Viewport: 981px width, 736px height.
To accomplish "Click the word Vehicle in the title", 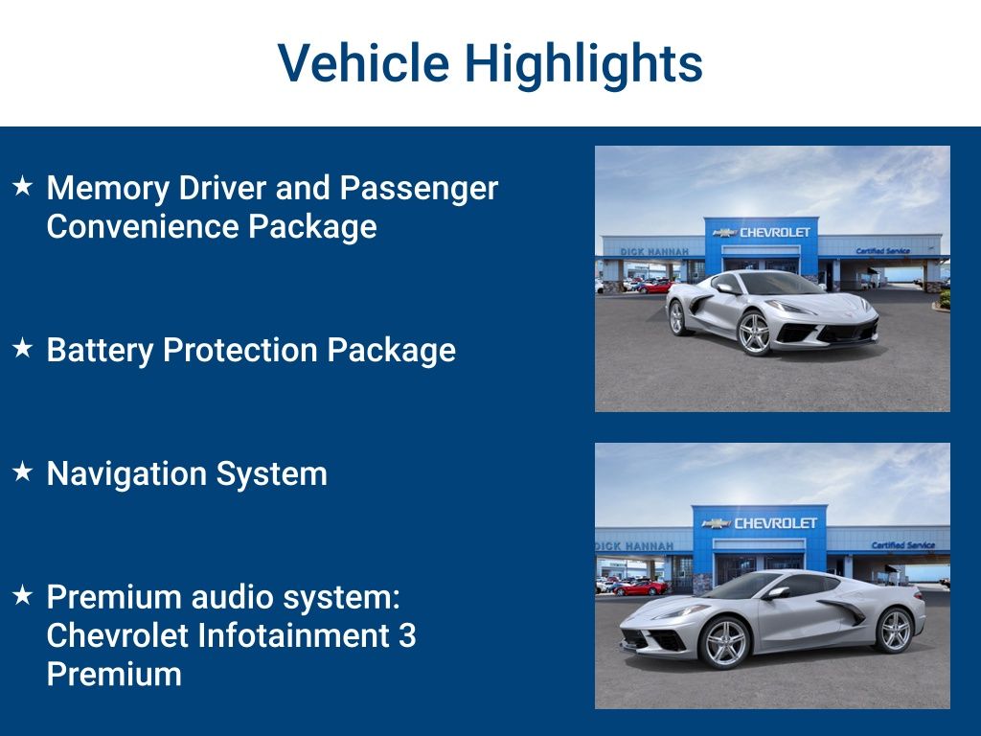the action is point(363,62).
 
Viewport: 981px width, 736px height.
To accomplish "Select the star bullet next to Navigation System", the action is point(23,471).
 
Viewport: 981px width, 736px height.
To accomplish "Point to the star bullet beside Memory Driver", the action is point(23,186).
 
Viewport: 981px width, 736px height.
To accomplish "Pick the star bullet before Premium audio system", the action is point(23,595).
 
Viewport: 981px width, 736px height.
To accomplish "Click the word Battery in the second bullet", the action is point(100,351).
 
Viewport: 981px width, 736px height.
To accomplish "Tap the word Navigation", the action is point(125,474).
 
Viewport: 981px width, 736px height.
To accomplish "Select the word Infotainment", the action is point(293,635).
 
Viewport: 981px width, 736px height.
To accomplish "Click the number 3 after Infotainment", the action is point(407,636).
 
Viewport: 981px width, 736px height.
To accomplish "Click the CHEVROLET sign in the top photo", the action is point(774,232).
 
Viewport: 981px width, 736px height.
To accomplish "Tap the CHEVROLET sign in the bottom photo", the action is point(775,523).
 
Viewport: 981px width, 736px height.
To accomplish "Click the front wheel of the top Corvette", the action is point(754,333).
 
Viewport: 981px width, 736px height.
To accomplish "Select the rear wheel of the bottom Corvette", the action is point(894,630).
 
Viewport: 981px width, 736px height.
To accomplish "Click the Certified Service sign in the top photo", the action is point(882,251).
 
